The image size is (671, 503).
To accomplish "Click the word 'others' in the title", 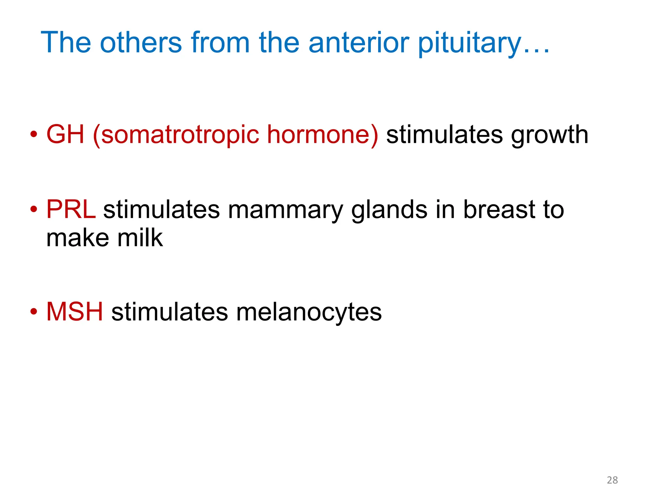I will pos(141,42).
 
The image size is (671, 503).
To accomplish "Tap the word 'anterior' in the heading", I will pos(358,42).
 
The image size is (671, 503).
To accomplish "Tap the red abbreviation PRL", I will pos(71,209).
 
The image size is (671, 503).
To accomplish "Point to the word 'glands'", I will pos(389,210).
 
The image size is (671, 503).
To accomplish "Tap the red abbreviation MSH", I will pos(75,311).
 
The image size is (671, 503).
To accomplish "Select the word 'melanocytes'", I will pos(309,312).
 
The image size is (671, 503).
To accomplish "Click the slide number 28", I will pos(612,480).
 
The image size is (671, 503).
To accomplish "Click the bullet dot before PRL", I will pos(33,209).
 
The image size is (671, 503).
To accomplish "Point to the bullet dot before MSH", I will pos(33,311).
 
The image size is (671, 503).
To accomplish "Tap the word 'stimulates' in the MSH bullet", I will pos(170,311).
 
